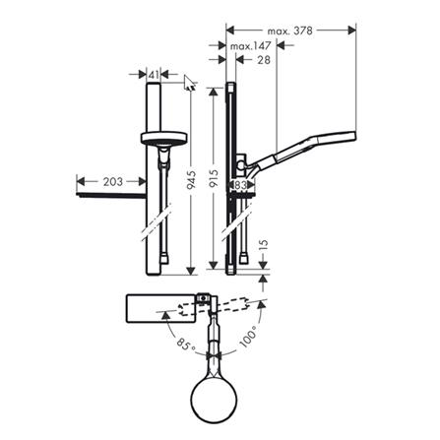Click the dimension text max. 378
click(x=289, y=31)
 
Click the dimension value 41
click(x=153, y=74)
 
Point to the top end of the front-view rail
click(x=153, y=87)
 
